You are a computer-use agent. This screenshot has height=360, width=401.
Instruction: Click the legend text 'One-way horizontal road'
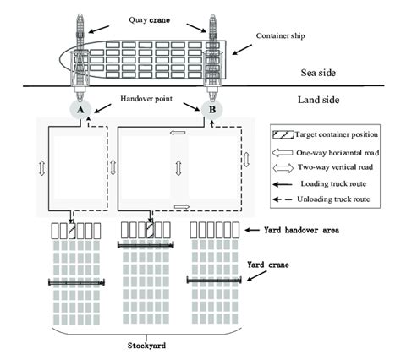pyautogui.click(x=338, y=153)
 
